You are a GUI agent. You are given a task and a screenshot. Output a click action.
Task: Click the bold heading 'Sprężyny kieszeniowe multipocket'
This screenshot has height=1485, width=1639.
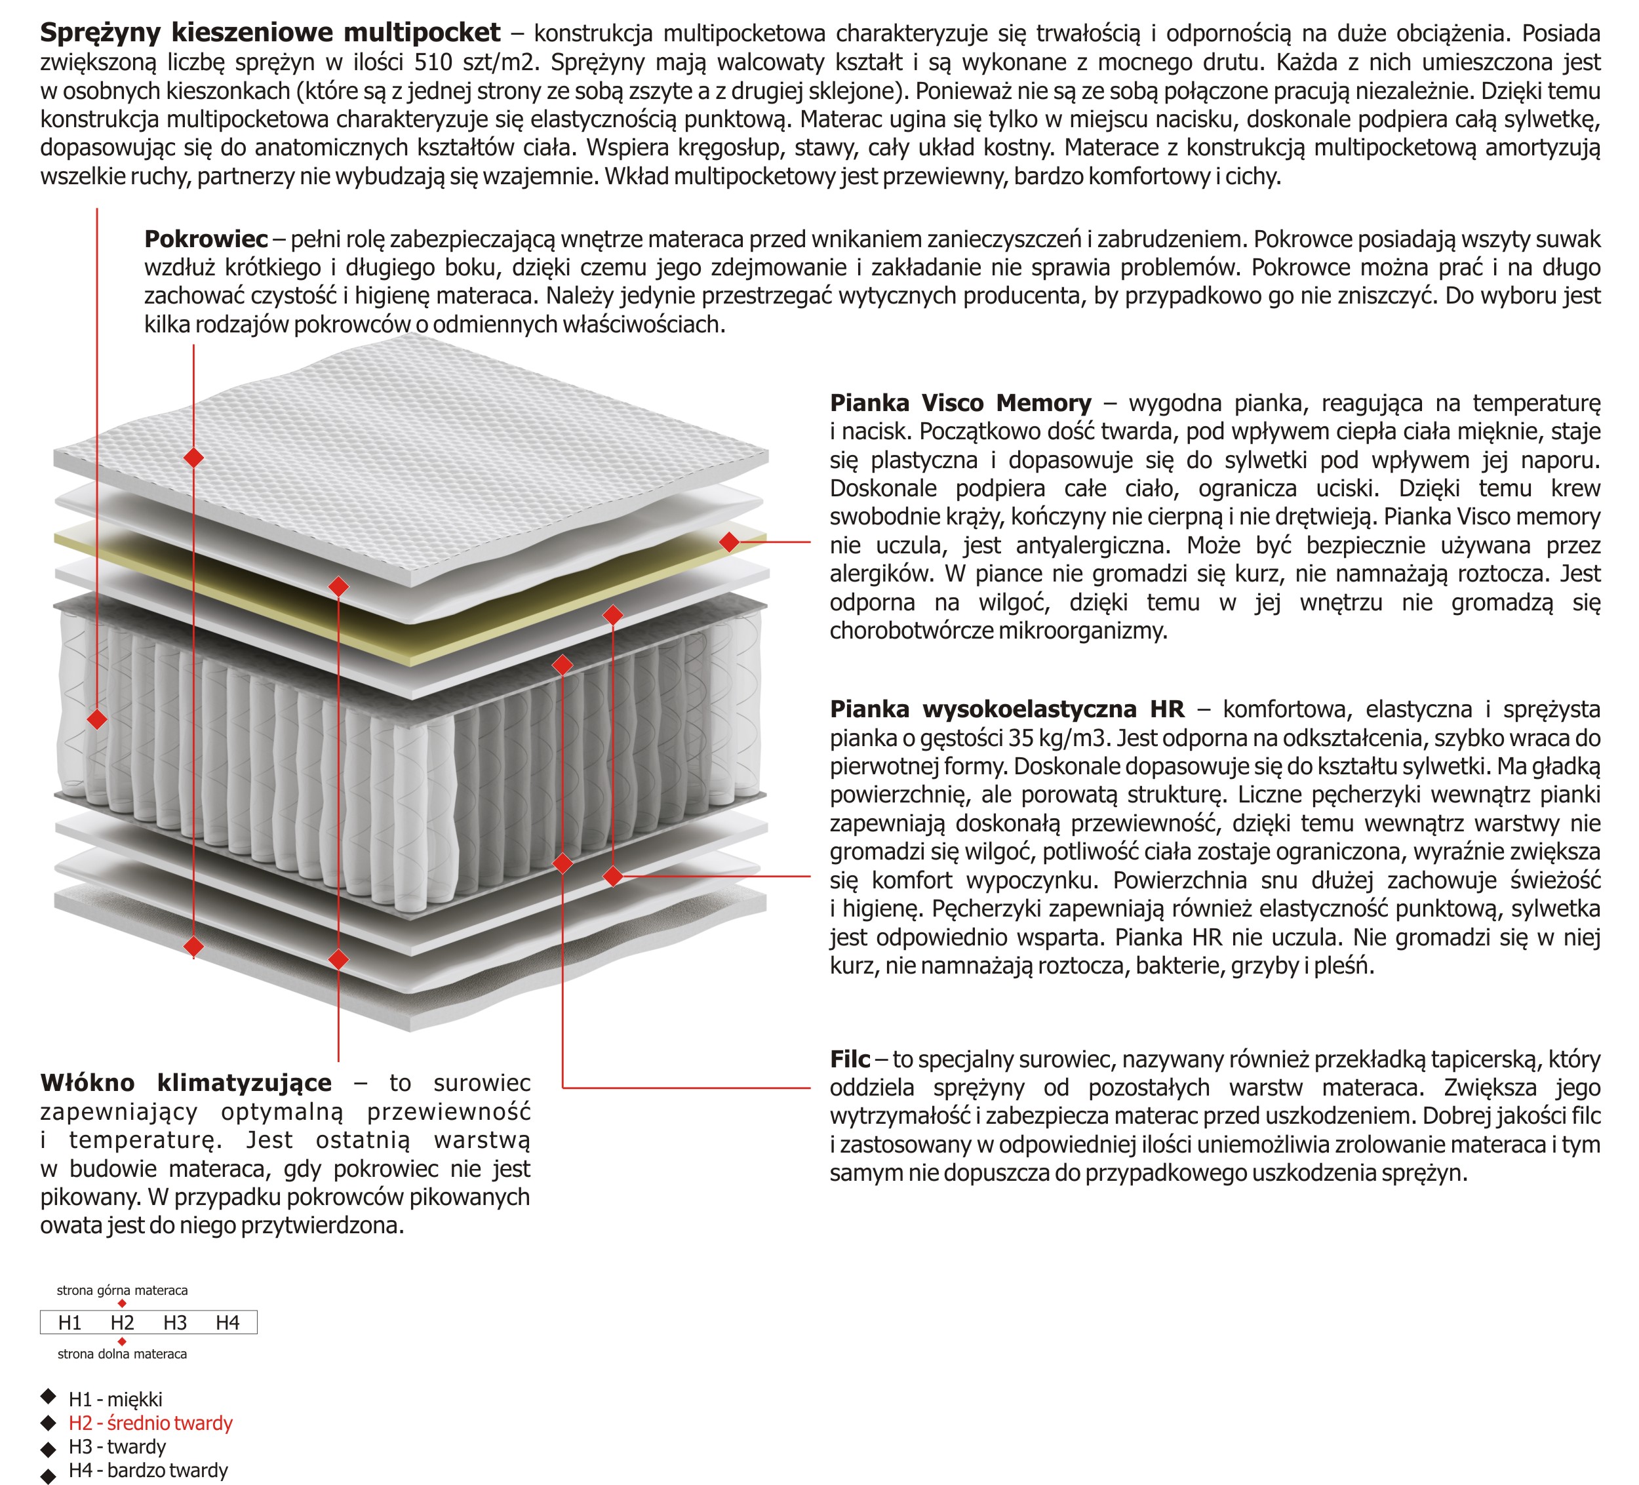(270, 33)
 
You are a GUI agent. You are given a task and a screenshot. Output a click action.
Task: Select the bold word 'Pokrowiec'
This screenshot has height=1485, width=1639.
(206, 239)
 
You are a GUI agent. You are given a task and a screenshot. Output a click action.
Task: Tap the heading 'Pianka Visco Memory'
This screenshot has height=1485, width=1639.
(960, 403)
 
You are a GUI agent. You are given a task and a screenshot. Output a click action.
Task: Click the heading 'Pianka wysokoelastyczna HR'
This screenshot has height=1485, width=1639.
(1006, 709)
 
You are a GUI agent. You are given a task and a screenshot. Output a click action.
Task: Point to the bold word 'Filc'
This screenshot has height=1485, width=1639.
(850, 1059)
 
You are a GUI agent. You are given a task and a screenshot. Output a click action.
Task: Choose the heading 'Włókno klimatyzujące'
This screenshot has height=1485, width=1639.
(186, 1082)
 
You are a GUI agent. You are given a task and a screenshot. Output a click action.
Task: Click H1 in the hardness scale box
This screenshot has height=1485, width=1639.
(70, 1323)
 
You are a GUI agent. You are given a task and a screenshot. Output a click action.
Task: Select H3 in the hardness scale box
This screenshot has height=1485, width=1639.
(175, 1323)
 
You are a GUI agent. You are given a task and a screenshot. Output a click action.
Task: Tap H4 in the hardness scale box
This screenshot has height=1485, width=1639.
(227, 1323)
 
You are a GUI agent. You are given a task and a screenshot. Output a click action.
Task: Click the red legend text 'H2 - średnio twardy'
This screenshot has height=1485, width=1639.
(150, 1423)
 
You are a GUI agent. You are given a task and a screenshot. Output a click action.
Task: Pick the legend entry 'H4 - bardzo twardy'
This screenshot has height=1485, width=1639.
(148, 1471)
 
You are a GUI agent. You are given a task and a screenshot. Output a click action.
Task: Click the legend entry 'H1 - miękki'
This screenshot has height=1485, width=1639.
(115, 1400)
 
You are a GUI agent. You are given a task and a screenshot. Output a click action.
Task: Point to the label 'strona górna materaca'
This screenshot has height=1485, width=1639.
(122, 1291)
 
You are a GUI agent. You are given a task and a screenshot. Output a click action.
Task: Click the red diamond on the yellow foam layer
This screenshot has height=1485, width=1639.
(729, 542)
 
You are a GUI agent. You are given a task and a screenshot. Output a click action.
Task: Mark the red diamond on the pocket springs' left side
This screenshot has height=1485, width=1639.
(97, 719)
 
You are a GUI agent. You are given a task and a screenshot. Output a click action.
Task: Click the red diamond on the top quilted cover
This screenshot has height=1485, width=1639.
(193, 458)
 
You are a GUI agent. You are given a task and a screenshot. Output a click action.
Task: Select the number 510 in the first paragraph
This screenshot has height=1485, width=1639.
(434, 63)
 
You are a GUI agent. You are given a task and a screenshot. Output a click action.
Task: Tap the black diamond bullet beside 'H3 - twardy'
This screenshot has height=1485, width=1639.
(49, 1448)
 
